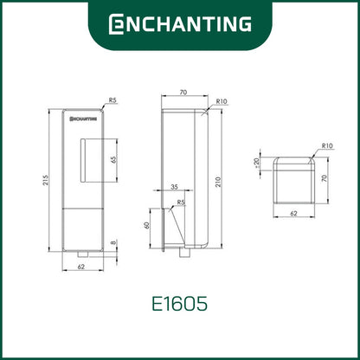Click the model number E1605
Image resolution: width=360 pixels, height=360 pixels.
pyautogui.click(x=179, y=304)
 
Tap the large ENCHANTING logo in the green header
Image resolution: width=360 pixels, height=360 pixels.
pyautogui.click(x=180, y=24)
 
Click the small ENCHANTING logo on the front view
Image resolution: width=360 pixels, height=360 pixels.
pyautogui.click(x=83, y=119)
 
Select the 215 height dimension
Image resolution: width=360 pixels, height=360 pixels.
pyautogui.click(x=46, y=180)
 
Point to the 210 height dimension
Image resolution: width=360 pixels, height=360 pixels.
pyautogui.click(x=218, y=182)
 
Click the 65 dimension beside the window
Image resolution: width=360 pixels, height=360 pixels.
pyautogui.click(x=113, y=160)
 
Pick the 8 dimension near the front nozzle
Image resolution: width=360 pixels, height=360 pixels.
pyautogui.click(x=113, y=242)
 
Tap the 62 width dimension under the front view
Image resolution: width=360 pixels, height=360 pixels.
pyautogui.click(x=81, y=267)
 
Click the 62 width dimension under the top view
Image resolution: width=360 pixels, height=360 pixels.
pyautogui.click(x=293, y=214)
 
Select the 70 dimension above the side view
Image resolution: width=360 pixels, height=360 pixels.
pyautogui.click(x=183, y=93)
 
